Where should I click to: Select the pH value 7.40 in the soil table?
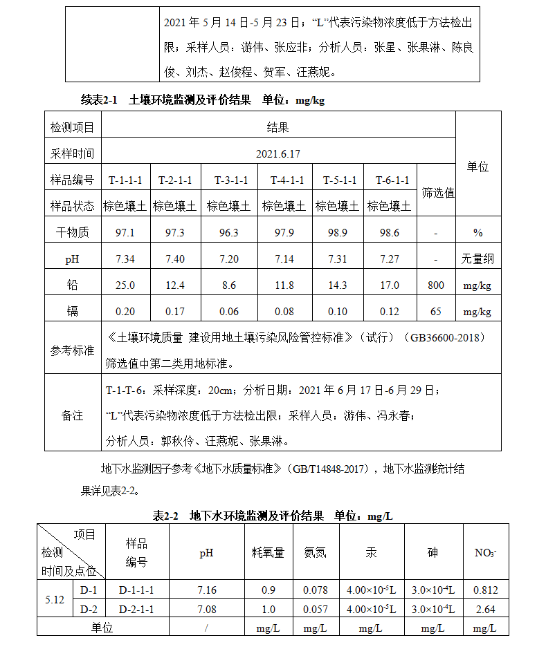[175, 258]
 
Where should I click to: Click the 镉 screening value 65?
[436, 312]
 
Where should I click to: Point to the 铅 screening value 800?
[436, 285]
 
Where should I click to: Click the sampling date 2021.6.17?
[277, 153]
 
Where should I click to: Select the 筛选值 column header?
[438, 193]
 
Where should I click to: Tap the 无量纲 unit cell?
[477, 258]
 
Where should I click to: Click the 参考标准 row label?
[72, 350]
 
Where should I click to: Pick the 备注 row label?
[72, 415]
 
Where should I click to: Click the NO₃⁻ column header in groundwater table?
[485, 552]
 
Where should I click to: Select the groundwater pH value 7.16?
[206, 590]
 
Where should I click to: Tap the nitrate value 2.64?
[485, 609]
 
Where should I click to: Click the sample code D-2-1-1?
[136, 609]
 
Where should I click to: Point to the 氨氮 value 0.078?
[315, 590]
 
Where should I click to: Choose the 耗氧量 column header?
[268, 552]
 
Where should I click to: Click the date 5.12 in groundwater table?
[55, 599]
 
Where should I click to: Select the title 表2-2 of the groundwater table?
[166, 516]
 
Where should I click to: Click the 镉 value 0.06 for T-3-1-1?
[228, 312]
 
